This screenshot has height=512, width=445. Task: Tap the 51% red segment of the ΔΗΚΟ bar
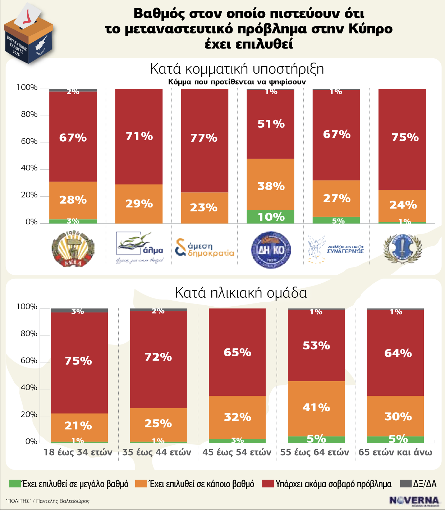270,124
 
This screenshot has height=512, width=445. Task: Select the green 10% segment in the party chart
270,216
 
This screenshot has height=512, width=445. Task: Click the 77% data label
204,138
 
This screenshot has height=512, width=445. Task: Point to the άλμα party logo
139,248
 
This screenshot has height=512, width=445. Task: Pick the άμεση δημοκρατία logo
204,248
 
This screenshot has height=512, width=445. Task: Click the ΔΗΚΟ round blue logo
270,250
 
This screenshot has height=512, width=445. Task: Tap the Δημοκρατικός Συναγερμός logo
336,249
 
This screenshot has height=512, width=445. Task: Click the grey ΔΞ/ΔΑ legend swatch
405,484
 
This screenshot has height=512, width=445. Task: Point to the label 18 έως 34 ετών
78,452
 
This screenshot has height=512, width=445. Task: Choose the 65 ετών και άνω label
395,452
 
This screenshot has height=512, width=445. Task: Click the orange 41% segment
316,408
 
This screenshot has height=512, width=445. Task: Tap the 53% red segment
316,346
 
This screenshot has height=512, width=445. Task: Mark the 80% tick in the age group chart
29,334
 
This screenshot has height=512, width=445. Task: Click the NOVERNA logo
414,500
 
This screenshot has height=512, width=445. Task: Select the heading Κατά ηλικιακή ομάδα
241,293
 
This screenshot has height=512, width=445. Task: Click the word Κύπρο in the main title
370,29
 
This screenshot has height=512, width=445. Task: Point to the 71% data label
139,136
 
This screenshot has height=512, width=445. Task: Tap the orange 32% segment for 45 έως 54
237,417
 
